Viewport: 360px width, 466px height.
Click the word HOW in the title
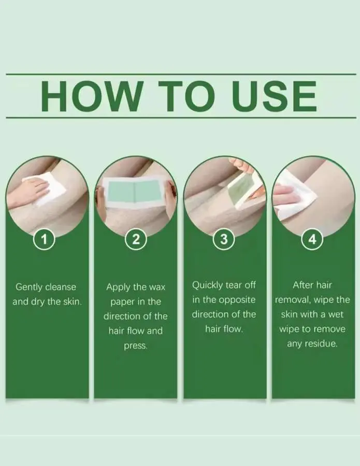click(91, 96)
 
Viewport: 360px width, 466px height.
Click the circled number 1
click(45, 239)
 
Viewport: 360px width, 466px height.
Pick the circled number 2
click(136, 239)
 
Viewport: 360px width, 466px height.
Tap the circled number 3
click(224, 239)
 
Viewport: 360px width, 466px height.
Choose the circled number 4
click(312, 239)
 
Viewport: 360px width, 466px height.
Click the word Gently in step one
click(28, 287)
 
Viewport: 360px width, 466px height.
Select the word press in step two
click(135, 346)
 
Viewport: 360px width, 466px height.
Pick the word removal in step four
click(292, 300)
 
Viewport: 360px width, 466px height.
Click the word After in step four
click(301, 285)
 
